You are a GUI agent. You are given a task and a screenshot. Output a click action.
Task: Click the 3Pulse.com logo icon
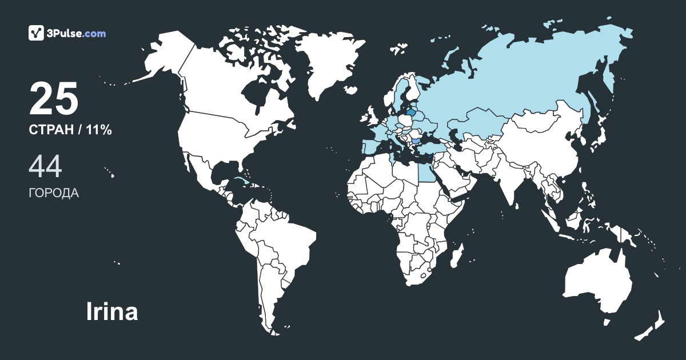pos(36,33)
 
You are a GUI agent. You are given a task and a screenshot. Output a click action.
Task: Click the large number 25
pos(53,98)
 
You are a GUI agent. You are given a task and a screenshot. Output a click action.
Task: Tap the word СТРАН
pos(51,130)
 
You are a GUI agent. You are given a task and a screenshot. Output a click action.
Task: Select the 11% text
pos(99,130)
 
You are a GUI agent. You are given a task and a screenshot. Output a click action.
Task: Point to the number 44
pos(45,166)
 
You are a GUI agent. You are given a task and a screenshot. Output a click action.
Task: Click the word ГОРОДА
pos(54,193)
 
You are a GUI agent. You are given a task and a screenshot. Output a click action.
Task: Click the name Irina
pos(111,312)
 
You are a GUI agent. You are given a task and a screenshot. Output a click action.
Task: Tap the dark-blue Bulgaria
pos(416,139)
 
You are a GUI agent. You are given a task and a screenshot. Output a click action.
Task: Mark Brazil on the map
pos(286,240)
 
